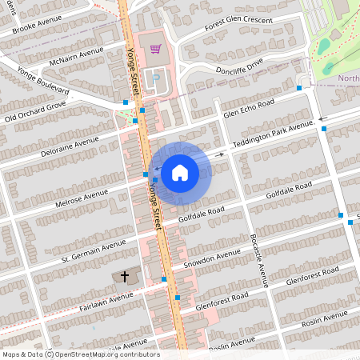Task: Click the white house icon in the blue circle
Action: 180,172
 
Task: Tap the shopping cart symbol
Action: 154,48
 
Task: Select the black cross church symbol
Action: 124,277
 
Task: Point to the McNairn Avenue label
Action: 78,57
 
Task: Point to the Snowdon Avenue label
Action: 211,258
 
